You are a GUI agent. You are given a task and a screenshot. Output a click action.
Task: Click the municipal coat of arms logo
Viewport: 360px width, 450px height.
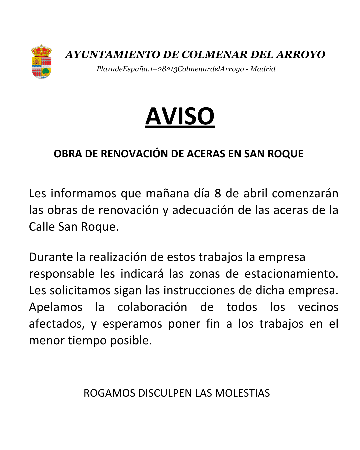coord(41,62)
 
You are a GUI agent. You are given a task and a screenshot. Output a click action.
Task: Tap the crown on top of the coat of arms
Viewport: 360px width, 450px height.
coord(41,50)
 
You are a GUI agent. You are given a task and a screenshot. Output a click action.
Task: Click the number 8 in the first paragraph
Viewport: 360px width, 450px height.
coord(218,193)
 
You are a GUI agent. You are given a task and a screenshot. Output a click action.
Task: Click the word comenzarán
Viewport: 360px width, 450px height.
coord(305,193)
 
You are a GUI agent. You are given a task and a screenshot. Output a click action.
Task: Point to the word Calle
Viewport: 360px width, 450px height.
coord(42,227)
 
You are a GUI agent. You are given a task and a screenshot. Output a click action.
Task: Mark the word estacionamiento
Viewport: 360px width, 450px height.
coord(291,274)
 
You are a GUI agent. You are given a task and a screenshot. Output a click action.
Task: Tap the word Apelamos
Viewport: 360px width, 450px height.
coord(56,307)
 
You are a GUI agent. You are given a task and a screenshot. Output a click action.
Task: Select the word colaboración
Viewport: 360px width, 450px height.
coord(152,307)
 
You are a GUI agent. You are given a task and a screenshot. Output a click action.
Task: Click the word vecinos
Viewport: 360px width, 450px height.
coord(318,307)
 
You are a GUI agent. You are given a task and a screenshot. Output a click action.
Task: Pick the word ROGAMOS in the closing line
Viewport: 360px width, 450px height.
coord(109,393)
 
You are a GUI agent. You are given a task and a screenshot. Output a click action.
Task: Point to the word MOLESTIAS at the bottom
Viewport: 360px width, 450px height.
coord(242,393)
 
